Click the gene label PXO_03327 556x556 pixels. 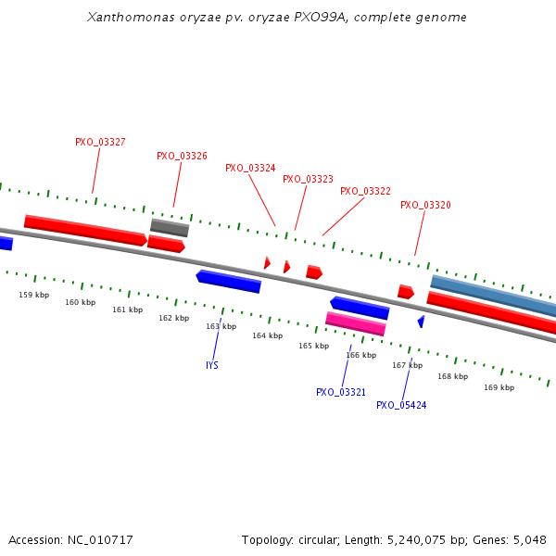(100, 143)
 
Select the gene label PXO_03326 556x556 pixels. (182, 157)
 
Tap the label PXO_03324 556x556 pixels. (250, 169)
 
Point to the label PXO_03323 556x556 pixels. (308, 180)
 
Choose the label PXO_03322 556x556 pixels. (365, 192)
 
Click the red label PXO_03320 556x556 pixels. (425, 206)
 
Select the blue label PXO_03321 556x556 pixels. (341, 393)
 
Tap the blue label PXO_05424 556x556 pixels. (401, 406)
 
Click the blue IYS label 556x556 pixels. (212, 366)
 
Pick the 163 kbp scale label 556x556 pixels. (221, 327)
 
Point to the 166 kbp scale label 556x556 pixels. (360, 356)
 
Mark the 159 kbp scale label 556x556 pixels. (33, 296)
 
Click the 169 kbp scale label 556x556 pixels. (499, 388)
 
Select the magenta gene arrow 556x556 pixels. (355, 323)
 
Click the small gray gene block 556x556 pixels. (170, 227)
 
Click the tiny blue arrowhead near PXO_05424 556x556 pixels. (421, 322)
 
